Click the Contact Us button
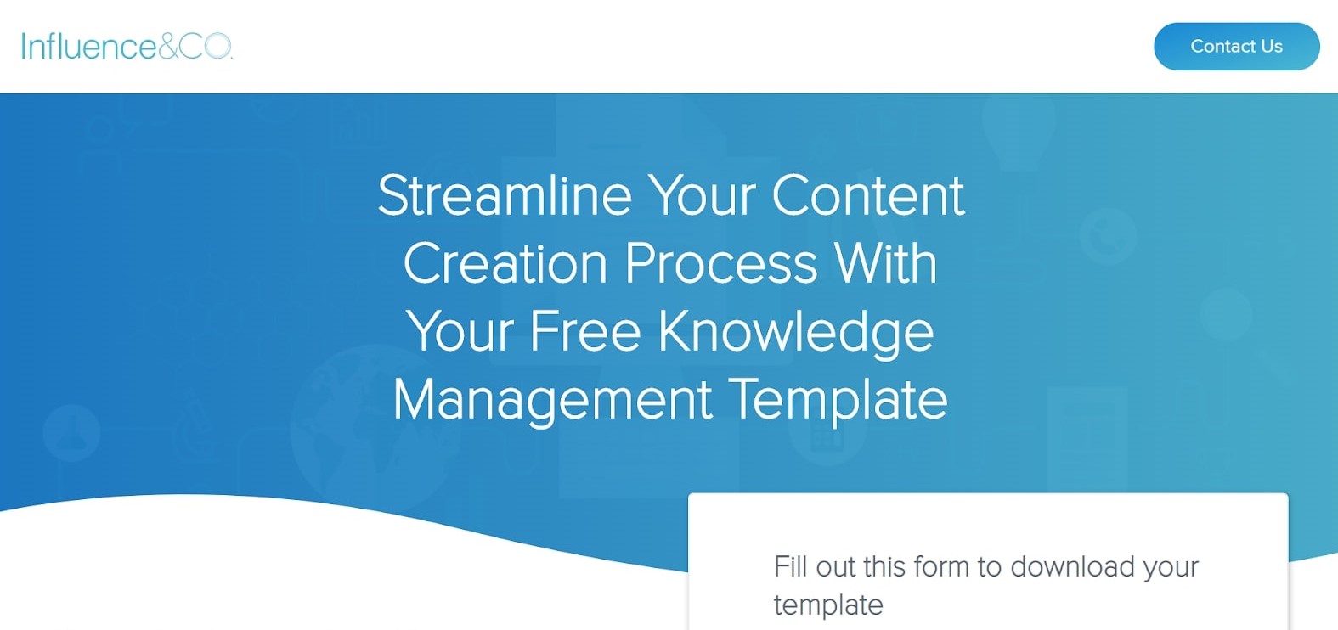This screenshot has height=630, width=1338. (1236, 47)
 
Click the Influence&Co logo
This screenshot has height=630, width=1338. (126, 47)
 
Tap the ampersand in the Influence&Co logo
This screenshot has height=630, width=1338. (167, 47)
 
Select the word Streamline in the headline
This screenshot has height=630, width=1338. (505, 196)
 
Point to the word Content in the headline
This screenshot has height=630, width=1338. (867, 196)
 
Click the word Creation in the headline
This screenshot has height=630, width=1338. (505, 264)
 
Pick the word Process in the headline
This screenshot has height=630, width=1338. (721, 264)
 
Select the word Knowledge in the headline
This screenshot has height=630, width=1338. (796, 333)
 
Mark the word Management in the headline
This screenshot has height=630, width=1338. (552, 401)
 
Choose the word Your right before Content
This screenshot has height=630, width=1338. (702, 196)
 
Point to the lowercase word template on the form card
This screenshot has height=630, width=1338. (828, 605)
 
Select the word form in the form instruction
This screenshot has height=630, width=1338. (940, 566)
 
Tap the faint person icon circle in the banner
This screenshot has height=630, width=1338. (71, 432)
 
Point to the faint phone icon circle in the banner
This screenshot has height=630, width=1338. (1108, 236)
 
